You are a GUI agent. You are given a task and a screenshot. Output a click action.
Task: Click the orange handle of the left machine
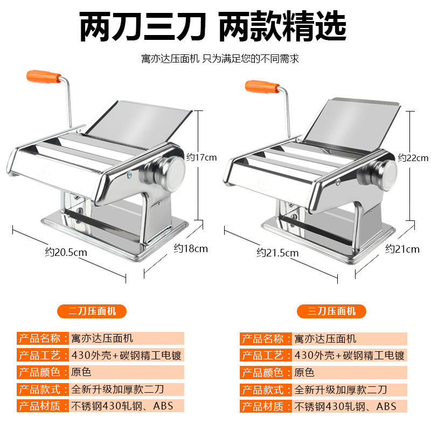click(x=44, y=77)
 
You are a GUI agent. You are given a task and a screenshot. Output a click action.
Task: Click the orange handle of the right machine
click(x=262, y=87)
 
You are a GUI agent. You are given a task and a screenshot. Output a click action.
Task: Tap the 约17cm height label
click(x=201, y=157)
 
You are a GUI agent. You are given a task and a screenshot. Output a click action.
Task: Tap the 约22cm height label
click(x=413, y=158)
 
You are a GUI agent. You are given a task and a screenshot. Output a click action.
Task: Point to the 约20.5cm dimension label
click(x=66, y=252)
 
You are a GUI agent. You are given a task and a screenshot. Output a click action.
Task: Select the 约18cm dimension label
click(x=191, y=248)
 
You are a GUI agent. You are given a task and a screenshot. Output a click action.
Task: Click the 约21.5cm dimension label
click(x=277, y=253)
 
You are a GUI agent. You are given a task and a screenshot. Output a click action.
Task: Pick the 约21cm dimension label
click(x=402, y=249)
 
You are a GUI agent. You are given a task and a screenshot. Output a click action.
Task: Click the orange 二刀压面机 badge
click(x=92, y=311)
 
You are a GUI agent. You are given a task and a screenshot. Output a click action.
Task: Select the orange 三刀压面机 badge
click(x=331, y=311)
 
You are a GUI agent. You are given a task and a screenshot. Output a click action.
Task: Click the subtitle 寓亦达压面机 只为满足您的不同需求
click(x=220, y=59)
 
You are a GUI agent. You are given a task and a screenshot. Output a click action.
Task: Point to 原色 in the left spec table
click(x=81, y=372)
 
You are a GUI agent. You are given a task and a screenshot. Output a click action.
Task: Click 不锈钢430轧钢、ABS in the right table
click(x=345, y=407)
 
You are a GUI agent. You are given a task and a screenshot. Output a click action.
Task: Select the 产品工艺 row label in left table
click(x=40, y=356)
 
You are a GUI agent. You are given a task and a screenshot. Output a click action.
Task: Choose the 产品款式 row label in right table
click(x=263, y=390)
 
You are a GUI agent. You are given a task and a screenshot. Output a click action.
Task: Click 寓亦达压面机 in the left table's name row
click(x=102, y=338)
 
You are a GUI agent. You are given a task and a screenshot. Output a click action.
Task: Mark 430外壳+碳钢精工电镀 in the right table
click(x=349, y=356)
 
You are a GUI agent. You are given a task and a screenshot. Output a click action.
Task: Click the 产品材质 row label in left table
click(x=40, y=406)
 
